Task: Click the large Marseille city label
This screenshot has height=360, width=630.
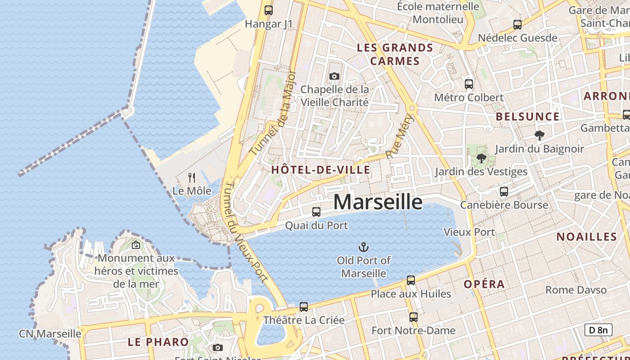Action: tap(378, 202)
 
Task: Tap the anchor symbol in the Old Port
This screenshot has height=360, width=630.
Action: tap(363, 247)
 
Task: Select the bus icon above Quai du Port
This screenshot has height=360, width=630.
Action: tap(316, 211)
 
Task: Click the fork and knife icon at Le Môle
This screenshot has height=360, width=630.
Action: tap(192, 177)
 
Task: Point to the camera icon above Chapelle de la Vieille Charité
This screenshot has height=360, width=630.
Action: tap(334, 76)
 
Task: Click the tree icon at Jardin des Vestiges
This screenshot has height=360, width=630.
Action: tap(481, 158)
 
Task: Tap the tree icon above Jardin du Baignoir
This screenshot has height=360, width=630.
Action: tap(539, 135)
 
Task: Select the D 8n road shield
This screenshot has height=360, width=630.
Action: tap(598, 330)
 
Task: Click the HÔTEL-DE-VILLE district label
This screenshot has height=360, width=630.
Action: tap(320, 170)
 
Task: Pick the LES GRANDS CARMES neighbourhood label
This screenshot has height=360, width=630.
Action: tap(395, 54)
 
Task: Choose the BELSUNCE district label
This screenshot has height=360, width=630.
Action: tap(527, 117)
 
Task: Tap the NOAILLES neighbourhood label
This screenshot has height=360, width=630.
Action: tap(586, 237)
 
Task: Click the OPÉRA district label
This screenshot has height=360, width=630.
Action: tap(484, 284)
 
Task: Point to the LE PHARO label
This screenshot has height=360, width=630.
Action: tap(158, 342)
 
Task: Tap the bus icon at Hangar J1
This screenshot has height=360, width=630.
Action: tap(269, 10)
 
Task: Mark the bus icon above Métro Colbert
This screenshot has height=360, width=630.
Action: tap(469, 84)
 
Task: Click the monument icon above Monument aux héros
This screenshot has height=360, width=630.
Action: tap(135, 245)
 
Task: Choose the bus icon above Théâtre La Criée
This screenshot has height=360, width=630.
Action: tap(304, 307)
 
